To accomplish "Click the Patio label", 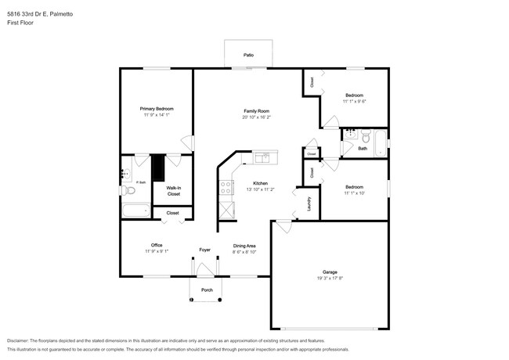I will (248, 56).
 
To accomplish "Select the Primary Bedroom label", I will (157, 109).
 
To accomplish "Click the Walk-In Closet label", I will (173, 190).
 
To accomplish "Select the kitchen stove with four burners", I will (226, 188).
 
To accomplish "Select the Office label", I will (157, 246).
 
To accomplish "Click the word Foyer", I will (204, 250).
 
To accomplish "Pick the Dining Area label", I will (245, 246).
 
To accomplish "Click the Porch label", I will (207, 290).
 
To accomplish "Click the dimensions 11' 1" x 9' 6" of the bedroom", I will (354, 102).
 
